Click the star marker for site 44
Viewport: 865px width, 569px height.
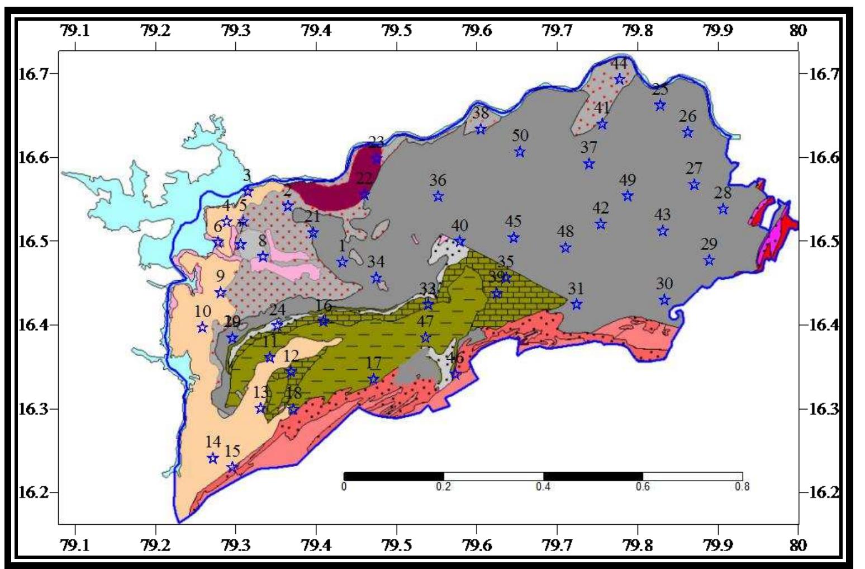pos(619,79)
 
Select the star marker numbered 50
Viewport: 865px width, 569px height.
pos(520,152)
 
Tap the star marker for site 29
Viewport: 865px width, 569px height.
pos(709,260)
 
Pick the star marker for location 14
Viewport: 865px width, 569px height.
pos(212,458)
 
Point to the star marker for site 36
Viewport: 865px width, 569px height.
pos(438,196)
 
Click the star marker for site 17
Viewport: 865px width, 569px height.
pos(373,379)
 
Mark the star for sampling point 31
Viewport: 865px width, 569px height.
pos(577,304)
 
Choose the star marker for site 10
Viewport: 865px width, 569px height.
pos(202,327)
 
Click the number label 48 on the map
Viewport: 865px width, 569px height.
pos(565,231)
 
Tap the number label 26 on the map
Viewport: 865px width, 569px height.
pos(687,116)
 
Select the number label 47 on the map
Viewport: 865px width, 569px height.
pos(425,322)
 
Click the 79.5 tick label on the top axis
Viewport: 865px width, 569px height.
pos(396,30)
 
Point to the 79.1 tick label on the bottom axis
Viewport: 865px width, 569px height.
pos(75,546)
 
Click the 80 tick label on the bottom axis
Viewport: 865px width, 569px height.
pos(798,546)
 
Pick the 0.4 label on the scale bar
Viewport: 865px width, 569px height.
pos(543,487)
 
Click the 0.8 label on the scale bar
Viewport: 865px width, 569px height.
pos(742,487)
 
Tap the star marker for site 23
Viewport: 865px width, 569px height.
pos(377,159)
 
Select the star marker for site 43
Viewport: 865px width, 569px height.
pos(663,231)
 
